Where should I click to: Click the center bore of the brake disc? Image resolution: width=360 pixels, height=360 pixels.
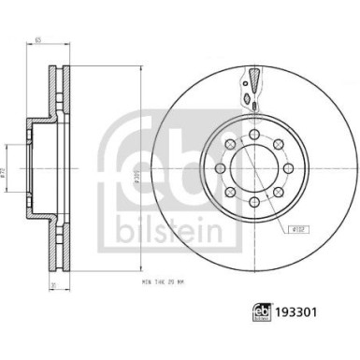253,169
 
